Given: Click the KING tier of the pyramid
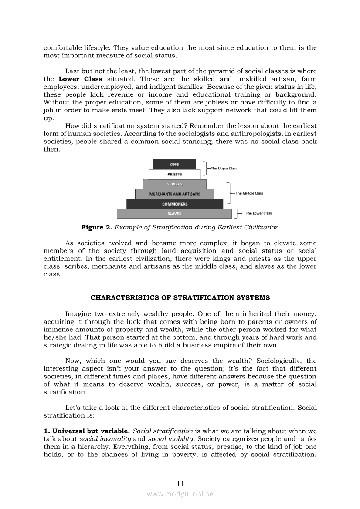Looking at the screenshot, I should [x=174, y=164].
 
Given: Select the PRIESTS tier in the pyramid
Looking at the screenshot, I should [x=174, y=174].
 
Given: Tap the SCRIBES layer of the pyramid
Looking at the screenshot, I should [x=174, y=184].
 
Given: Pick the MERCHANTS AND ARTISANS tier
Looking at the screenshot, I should [x=174, y=194].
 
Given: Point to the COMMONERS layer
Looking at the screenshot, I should [x=175, y=204].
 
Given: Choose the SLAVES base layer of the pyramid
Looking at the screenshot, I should [x=174, y=214].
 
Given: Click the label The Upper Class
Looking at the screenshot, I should [x=224, y=168].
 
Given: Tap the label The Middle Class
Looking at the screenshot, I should [x=249, y=193].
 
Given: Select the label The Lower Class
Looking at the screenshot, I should [x=258, y=213].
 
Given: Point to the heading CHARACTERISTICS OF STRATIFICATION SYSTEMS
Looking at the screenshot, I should [x=180, y=298].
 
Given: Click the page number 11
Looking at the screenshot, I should [x=180, y=483].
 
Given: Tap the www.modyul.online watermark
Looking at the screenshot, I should [x=180, y=494].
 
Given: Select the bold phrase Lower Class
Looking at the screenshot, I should [x=80, y=79].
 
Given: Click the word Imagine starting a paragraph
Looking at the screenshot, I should [x=79, y=313].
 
